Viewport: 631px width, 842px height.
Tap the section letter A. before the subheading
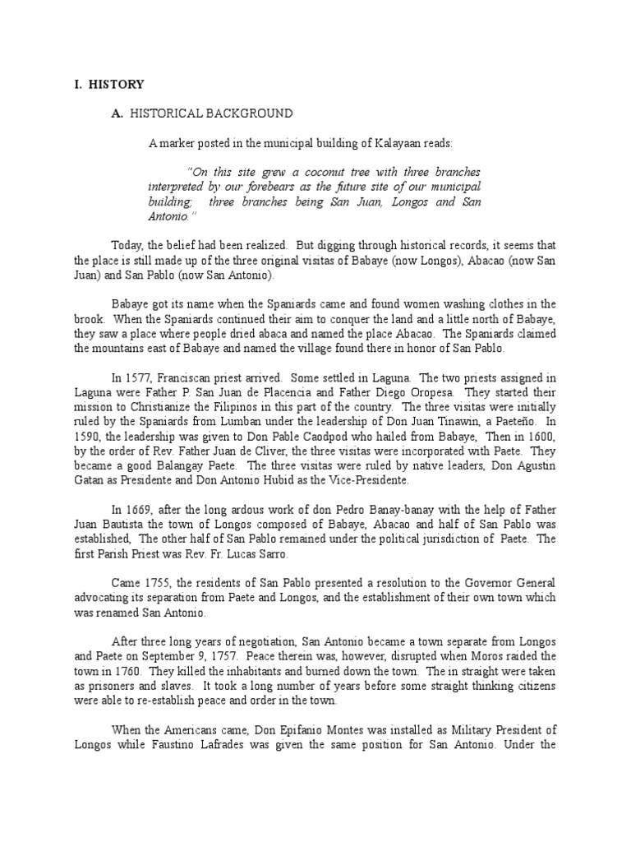pos(117,113)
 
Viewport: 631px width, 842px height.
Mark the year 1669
pos(140,509)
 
